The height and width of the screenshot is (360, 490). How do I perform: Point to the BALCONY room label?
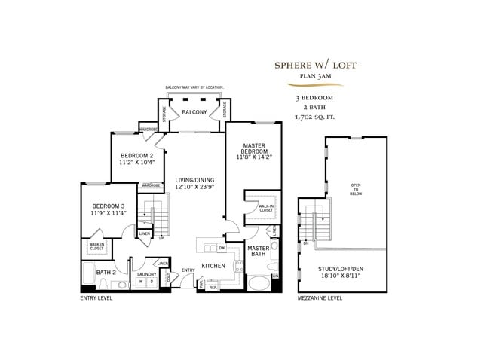[194, 112]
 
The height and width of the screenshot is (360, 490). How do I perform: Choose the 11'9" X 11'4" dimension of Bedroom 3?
[108, 213]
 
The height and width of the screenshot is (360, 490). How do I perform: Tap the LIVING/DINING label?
[194, 180]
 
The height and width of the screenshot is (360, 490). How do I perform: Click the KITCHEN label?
[213, 266]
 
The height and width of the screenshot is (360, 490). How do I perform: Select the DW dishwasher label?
[222, 247]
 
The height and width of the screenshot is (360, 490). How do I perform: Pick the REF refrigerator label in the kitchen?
[212, 287]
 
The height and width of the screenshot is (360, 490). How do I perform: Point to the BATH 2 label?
[106, 272]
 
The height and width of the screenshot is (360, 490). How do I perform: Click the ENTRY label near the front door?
[187, 270]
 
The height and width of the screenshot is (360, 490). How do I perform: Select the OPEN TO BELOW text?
[356, 191]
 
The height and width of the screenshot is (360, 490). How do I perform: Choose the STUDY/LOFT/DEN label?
[341, 270]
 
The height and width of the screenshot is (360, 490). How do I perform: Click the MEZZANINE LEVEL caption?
[320, 298]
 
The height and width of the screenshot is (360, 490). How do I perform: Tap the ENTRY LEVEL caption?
[96, 298]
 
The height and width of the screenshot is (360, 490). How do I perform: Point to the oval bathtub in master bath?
[259, 284]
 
